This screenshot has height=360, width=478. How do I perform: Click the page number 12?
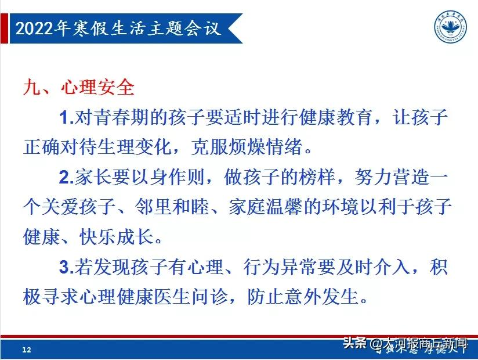coord(26,350)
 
